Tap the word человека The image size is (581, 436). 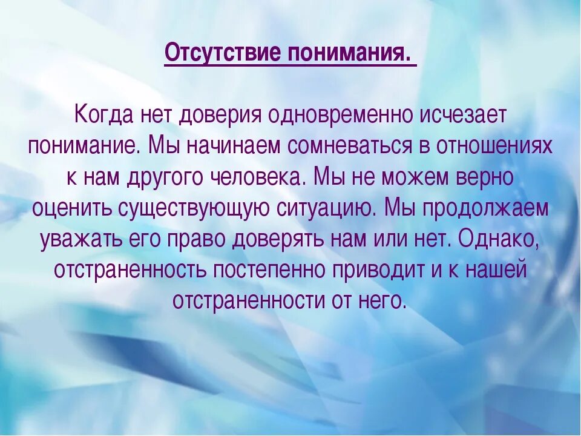point(262,179)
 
